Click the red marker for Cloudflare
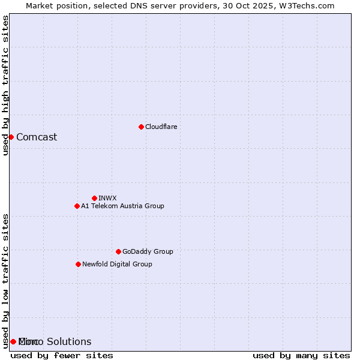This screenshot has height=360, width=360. coord(141,127)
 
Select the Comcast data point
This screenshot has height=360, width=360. coord(11,137)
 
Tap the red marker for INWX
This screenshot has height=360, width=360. coord(94,198)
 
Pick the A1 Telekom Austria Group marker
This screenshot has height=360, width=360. coord(77,206)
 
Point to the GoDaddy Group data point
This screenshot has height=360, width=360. coord(118,251)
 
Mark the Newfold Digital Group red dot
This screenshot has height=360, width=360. coord(78,264)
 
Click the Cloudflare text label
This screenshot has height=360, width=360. coord(161,127)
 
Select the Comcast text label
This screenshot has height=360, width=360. coord(37,137)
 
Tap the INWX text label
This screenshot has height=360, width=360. coord(107,198)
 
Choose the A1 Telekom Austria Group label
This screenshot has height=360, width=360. coord(122,206)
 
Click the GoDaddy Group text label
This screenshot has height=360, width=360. coord(148,251)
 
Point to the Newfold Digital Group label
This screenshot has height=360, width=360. coord(117,264)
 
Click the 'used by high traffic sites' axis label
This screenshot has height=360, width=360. coord(5,85)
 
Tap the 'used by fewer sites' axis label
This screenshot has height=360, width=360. coord(62,355)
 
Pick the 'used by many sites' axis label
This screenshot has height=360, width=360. coord(301,355)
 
